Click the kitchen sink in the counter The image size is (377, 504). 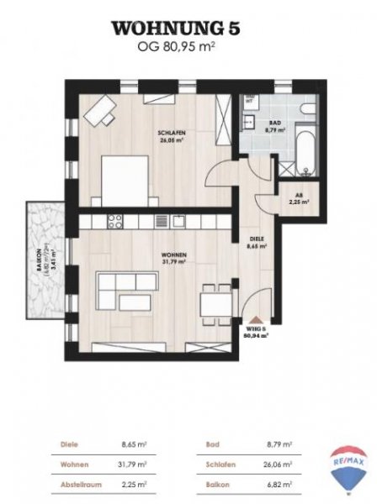pyautogui.click(x=179, y=221)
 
